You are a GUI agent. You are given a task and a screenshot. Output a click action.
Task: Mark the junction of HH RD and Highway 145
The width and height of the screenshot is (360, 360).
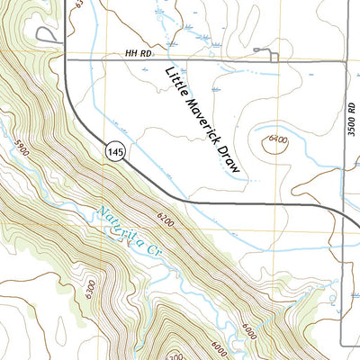tap(67, 59)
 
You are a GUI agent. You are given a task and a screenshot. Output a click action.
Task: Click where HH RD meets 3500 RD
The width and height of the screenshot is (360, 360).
tap(346, 60)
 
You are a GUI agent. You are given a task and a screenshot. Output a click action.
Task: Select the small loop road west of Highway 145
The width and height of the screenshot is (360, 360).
tap(43, 34)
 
